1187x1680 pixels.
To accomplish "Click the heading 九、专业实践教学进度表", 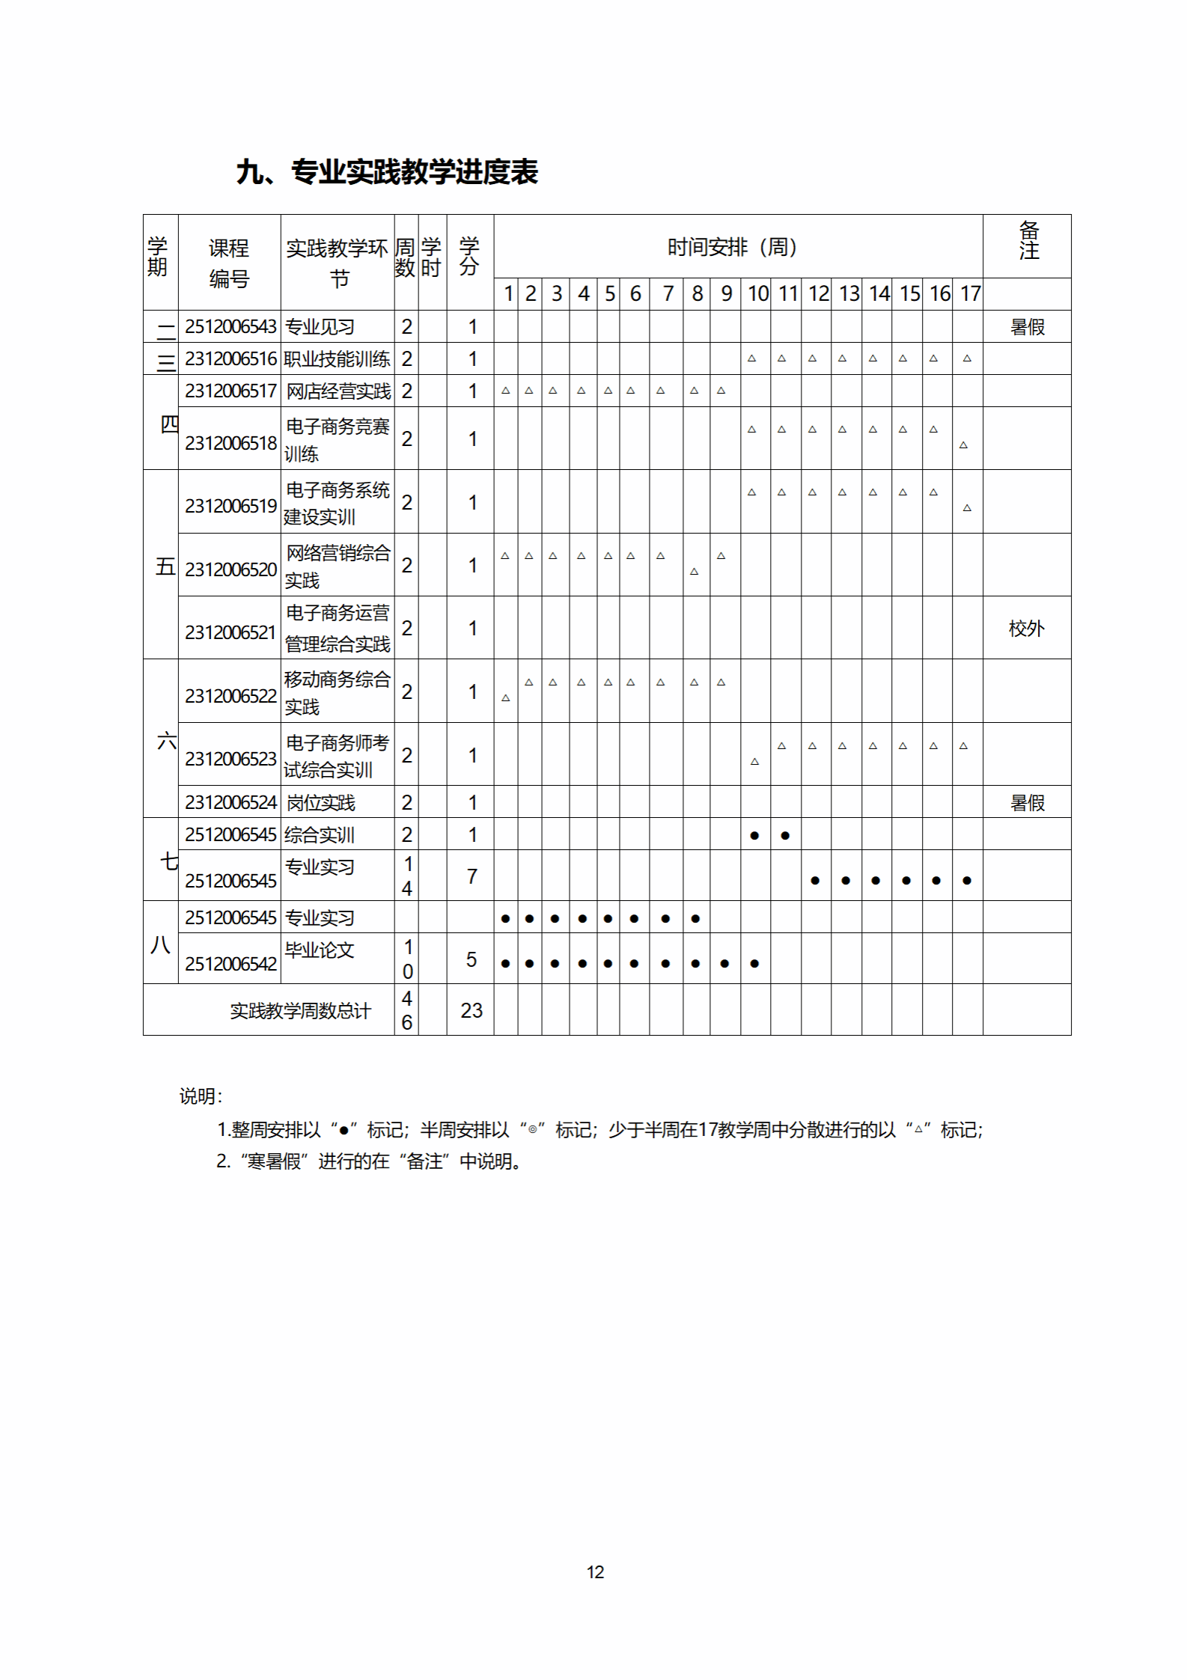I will tap(387, 172).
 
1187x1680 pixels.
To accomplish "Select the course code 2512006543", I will tap(231, 327).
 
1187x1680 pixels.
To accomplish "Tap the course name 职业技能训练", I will tap(337, 359).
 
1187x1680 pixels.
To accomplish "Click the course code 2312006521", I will tap(231, 633).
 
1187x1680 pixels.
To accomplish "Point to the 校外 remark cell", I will tap(1026, 629).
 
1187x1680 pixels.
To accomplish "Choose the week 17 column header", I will tap(970, 294).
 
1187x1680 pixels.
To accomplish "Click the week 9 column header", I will tap(726, 294).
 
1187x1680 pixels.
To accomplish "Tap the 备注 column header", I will tap(1028, 241).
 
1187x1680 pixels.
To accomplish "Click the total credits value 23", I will tap(471, 1011).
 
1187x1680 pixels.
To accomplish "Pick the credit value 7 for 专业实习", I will tap(472, 876).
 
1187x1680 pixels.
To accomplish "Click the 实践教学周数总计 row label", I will tap(299, 1012).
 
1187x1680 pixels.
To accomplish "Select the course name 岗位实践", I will tap(321, 803).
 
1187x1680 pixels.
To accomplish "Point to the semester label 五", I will tap(165, 566).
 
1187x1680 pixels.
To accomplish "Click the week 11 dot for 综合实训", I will tap(785, 836).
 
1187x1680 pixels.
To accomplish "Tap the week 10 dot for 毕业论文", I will tap(754, 964).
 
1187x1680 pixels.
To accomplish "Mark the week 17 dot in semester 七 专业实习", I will tap(967, 881).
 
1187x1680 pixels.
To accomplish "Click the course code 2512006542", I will tap(231, 965).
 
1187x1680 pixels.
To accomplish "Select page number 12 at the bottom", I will tap(595, 1572).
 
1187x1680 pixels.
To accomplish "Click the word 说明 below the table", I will tap(199, 1096).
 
